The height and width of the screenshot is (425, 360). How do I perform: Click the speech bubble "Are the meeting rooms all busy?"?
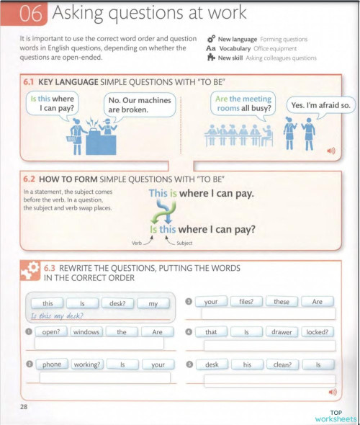(x=244, y=104)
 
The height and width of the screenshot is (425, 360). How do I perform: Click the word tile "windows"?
(x=86, y=332)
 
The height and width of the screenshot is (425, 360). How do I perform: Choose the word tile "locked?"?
(x=318, y=332)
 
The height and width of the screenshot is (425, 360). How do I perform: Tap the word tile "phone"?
(x=51, y=364)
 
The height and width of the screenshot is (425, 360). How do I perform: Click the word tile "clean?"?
(x=282, y=364)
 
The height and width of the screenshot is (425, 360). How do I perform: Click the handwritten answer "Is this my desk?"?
(x=53, y=316)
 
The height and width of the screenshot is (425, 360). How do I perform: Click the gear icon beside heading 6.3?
(x=30, y=271)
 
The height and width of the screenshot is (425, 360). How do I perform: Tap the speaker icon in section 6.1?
(x=331, y=151)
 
